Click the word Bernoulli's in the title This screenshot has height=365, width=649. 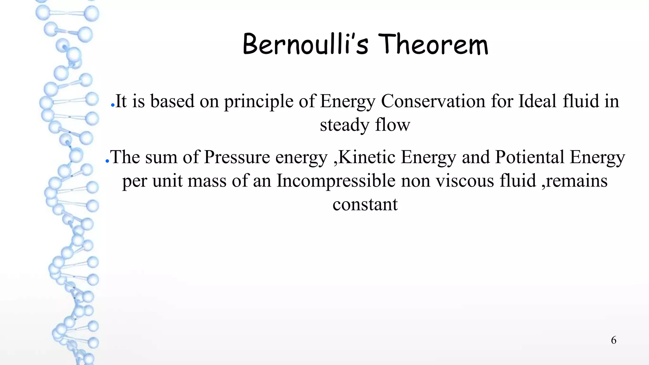tap(305, 45)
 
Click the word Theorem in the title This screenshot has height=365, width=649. tap(433, 45)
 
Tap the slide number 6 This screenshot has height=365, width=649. tap(614, 340)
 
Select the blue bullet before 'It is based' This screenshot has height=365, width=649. tap(112, 105)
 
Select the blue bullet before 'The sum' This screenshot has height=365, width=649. tap(107, 161)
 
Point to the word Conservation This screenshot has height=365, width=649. tap(433, 101)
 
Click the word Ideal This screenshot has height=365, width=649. tap(537, 101)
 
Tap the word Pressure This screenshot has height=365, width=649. tap(237, 157)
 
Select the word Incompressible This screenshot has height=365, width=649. tap(336, 181)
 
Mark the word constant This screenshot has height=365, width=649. tap(365, 204)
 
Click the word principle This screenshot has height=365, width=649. tap(259, 102)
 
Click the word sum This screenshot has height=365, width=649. tap(161, 157)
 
